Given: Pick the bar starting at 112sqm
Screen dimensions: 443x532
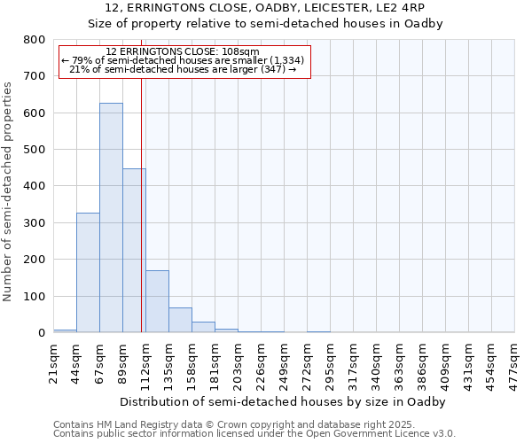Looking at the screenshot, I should click(x=157, y=301).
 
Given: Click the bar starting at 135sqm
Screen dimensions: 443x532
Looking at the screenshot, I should click(x=180, y=320).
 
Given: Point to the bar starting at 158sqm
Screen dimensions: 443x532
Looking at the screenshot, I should click(x=203, y=327).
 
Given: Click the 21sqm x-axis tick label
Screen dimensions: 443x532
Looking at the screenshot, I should click(x=54, y=362).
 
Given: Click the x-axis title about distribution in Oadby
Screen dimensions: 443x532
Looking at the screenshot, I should click(x=282, y=401).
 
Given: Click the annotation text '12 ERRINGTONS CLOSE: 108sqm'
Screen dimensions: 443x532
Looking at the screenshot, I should click(x=183, y=51).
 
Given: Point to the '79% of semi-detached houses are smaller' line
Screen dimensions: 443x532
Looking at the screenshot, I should click(x=183, y=60).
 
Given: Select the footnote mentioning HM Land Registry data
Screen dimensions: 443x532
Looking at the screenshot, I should click(x=234, y=424).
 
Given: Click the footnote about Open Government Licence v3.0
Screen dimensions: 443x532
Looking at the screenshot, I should click(x=254, y=434).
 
